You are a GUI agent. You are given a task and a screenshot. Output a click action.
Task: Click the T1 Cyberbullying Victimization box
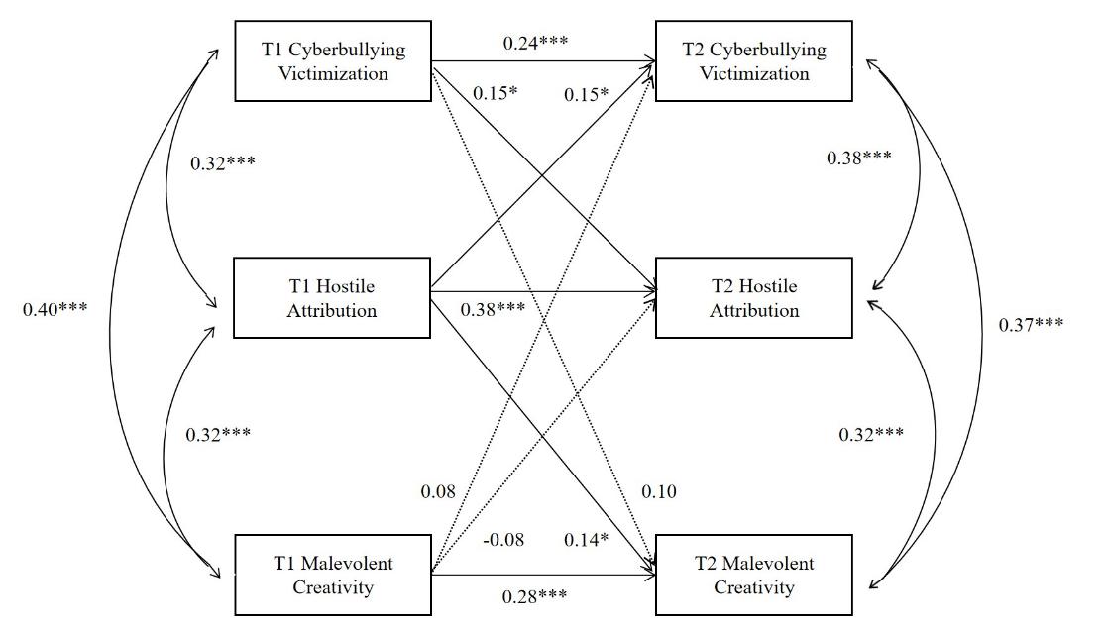pyautogui.click(x=333, y=61)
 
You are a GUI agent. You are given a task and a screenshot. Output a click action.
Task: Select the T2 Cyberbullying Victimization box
pyautogui.click(x=753, y=61)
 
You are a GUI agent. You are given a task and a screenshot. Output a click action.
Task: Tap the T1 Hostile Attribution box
pyautogui.click(x=332, y=298)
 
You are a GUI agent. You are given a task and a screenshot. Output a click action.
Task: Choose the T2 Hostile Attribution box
pyautogui.click(x=754, y=298)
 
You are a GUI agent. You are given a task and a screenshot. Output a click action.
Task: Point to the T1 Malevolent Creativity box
pyautogui.click(x=333, y=576)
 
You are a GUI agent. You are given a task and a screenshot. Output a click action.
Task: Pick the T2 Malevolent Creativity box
pyautogui.click(x=754, y=576)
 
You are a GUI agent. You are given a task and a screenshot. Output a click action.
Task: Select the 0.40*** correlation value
pyautogui.click(x=55, y=308)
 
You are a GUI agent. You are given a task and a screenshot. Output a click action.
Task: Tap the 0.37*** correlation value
pyautogui.click(x=1031, y=322)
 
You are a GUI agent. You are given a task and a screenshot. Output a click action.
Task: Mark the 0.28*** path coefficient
pyautogui.click(x=535, y=595)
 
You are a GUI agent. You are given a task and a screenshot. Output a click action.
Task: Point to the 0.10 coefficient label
pyautogui.click(x=659, y=491)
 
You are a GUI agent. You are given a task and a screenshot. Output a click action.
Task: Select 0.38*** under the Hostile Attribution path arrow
pyautogui.click(x=493, y=308)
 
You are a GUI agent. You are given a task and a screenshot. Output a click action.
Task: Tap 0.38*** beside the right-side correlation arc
pyautogui.click(x=858, y=158)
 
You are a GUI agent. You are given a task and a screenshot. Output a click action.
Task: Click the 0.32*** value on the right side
pyautogui.click(x=871, y=434)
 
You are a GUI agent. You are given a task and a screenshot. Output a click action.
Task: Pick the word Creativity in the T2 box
pyautogui.click(x=754, y=588)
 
